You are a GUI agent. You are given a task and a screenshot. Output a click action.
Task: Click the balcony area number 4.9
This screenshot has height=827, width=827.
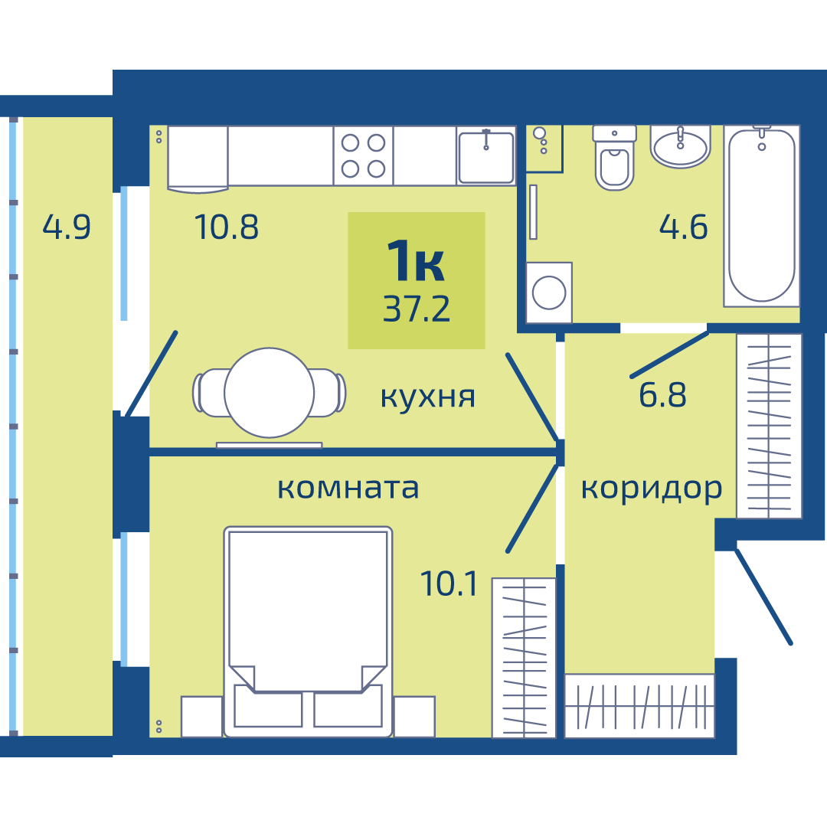[67, 227]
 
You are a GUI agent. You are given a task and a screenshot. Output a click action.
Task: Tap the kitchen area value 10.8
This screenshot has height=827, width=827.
[226, 227]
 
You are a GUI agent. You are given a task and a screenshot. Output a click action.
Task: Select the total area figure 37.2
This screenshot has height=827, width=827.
[416, 309]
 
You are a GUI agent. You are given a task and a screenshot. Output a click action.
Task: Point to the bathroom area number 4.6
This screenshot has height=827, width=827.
[683, 227]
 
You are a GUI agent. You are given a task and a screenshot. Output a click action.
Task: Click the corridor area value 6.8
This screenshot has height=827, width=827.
[662, 394]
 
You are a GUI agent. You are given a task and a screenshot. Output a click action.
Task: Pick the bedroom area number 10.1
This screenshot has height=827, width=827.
[449, 583]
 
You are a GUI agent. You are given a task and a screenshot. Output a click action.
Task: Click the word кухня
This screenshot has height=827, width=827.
[428, 397]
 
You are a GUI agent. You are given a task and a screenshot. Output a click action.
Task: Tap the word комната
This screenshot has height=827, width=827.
[348, 489]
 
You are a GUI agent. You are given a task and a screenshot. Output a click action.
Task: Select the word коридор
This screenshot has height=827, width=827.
[652, 489]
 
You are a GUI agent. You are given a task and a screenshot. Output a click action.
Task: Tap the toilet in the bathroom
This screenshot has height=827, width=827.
[614, 158]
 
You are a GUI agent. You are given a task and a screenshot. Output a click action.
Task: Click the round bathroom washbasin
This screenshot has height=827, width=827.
[681, 147]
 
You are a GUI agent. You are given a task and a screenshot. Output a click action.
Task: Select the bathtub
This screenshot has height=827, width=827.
[762, 216]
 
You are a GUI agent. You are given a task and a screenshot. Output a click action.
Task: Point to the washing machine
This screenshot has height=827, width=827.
[549, 293]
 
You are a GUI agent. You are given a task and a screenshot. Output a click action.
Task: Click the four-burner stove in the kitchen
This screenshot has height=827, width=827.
[364, 155]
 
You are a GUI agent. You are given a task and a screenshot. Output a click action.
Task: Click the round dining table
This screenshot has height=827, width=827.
[269, 392]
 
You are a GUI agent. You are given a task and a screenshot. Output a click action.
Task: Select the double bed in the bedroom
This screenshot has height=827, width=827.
[308, 631]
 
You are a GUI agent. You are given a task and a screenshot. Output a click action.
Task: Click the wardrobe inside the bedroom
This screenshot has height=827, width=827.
[524, 658]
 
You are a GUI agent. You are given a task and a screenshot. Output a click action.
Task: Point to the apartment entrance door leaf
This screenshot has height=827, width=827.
[763, 597]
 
